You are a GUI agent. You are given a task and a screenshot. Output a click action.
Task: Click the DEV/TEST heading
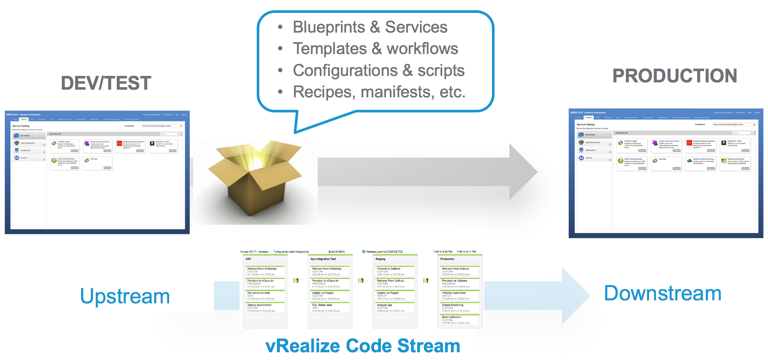pos(106,83)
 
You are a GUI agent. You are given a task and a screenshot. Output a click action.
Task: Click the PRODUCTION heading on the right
pos(674,76)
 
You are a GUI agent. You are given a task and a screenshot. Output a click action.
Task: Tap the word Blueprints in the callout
pos(329,27)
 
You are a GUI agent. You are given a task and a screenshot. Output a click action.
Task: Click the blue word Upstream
pos(125,296)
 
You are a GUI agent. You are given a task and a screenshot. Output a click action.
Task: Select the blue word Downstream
pos(662,293)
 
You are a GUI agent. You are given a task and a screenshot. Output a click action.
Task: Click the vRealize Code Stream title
pos(363,346)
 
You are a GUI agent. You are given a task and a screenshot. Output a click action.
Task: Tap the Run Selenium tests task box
pos(265,296)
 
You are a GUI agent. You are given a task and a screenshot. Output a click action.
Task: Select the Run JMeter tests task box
pos(330,308)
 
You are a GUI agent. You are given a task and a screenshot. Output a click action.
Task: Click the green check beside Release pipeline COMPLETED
pos(364,252)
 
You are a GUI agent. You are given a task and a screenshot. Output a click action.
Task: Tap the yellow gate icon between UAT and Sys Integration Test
pos(296,281)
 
